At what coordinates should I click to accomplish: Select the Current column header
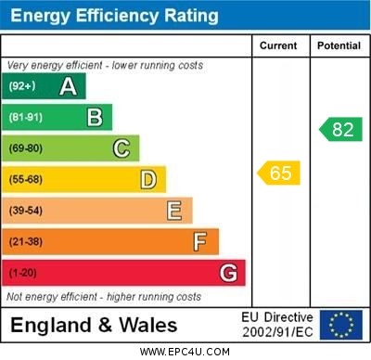click(278, 45)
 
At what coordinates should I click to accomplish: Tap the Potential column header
click(339, 45)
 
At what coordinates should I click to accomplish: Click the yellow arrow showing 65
click(279, 173)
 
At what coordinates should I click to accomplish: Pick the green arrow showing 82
click(340, 129)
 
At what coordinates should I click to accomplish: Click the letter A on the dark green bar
click(68, 86)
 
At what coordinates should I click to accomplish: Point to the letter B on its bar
click(95, 117)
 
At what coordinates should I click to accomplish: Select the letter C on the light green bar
click(122, 148)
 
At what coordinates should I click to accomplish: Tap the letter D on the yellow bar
click(148, 179)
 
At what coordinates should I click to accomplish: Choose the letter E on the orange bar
click(174, 211)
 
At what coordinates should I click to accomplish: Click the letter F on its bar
click(200, 241)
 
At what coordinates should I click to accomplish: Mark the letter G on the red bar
click(228, 273)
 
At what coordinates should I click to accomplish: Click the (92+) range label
click(21, 86)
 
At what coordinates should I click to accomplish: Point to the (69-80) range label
click(26, 148)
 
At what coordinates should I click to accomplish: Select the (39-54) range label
click(26, 211)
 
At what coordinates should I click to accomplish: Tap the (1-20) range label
click(23, 273)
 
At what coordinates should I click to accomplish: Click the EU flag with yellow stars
click(341, 325)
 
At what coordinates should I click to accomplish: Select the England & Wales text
click(94, 326)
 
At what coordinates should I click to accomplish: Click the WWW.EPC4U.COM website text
click(185, 352)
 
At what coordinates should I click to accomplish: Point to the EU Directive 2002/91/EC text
click(277, 325)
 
